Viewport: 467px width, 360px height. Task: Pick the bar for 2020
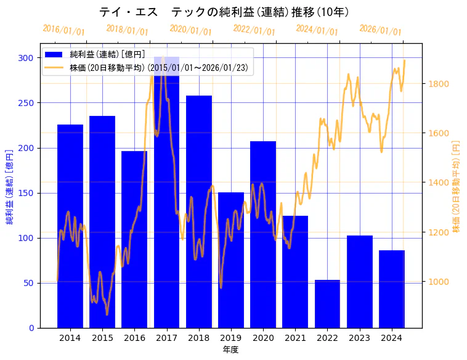pos(263,234)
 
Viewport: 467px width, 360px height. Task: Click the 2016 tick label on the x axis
pos(134,338)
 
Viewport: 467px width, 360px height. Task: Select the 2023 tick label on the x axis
pos(360,338)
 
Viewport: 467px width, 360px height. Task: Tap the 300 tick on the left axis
pos(26,58)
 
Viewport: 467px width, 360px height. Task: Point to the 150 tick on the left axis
pos(26,193)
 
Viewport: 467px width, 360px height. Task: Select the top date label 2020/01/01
pos(190,30)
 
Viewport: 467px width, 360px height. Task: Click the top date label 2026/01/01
pos(380,30)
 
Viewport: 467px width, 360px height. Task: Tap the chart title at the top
pos(224,12)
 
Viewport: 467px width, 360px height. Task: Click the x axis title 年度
pos(230,350)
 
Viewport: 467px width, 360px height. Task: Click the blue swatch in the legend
pos(54,55)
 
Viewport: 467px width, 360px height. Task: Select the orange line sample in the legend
pos(54,67)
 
